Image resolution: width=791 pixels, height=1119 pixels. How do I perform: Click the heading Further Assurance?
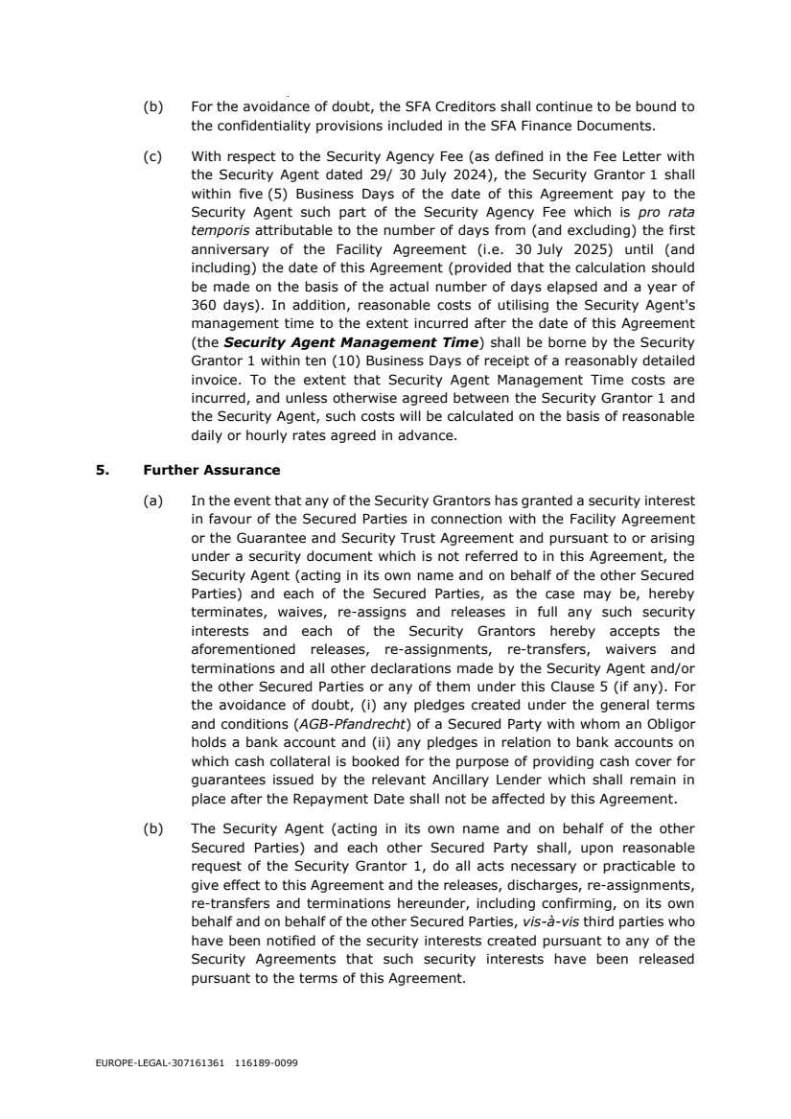click(x=211, y=471)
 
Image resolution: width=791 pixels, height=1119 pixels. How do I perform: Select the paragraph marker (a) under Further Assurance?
click(x=150, y=501)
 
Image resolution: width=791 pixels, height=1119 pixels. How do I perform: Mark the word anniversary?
click(x=231, y=247)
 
